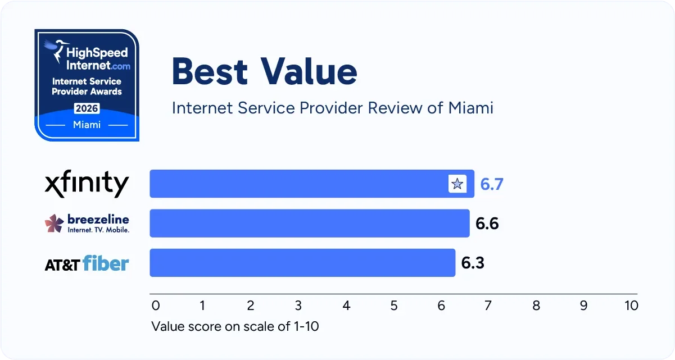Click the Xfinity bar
click(298, 184)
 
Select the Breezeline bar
click(309, 224)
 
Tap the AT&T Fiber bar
click(302, 263)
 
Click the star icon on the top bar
click(457, 184)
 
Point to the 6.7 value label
click(491, 184)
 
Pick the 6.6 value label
click(487, 224)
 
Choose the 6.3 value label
click(473, 263)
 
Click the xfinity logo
click(87, 184)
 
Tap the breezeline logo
click(87, 224)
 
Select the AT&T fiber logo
click(87, 263)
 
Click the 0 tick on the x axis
click(156, 306)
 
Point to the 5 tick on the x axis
click(394, 306)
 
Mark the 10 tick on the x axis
click(631, 306)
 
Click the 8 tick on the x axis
click(536, 306)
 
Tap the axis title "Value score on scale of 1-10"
click(235, 326)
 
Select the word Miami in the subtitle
click(470, 107)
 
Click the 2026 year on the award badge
click(87, 108)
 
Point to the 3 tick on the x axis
click(298, 306)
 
